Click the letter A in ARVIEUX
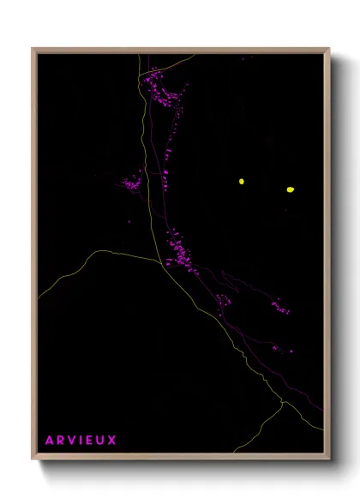[x=50, y=441]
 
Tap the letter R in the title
[x=61, y=441]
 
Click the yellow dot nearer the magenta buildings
[x=242, y=181]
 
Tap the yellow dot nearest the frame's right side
[x=290, y=189]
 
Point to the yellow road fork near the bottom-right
[x=282, y=402]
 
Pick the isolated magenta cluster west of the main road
[x=133, y=183]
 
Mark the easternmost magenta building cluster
[x=280, y=306]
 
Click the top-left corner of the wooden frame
[x=33, y=49]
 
